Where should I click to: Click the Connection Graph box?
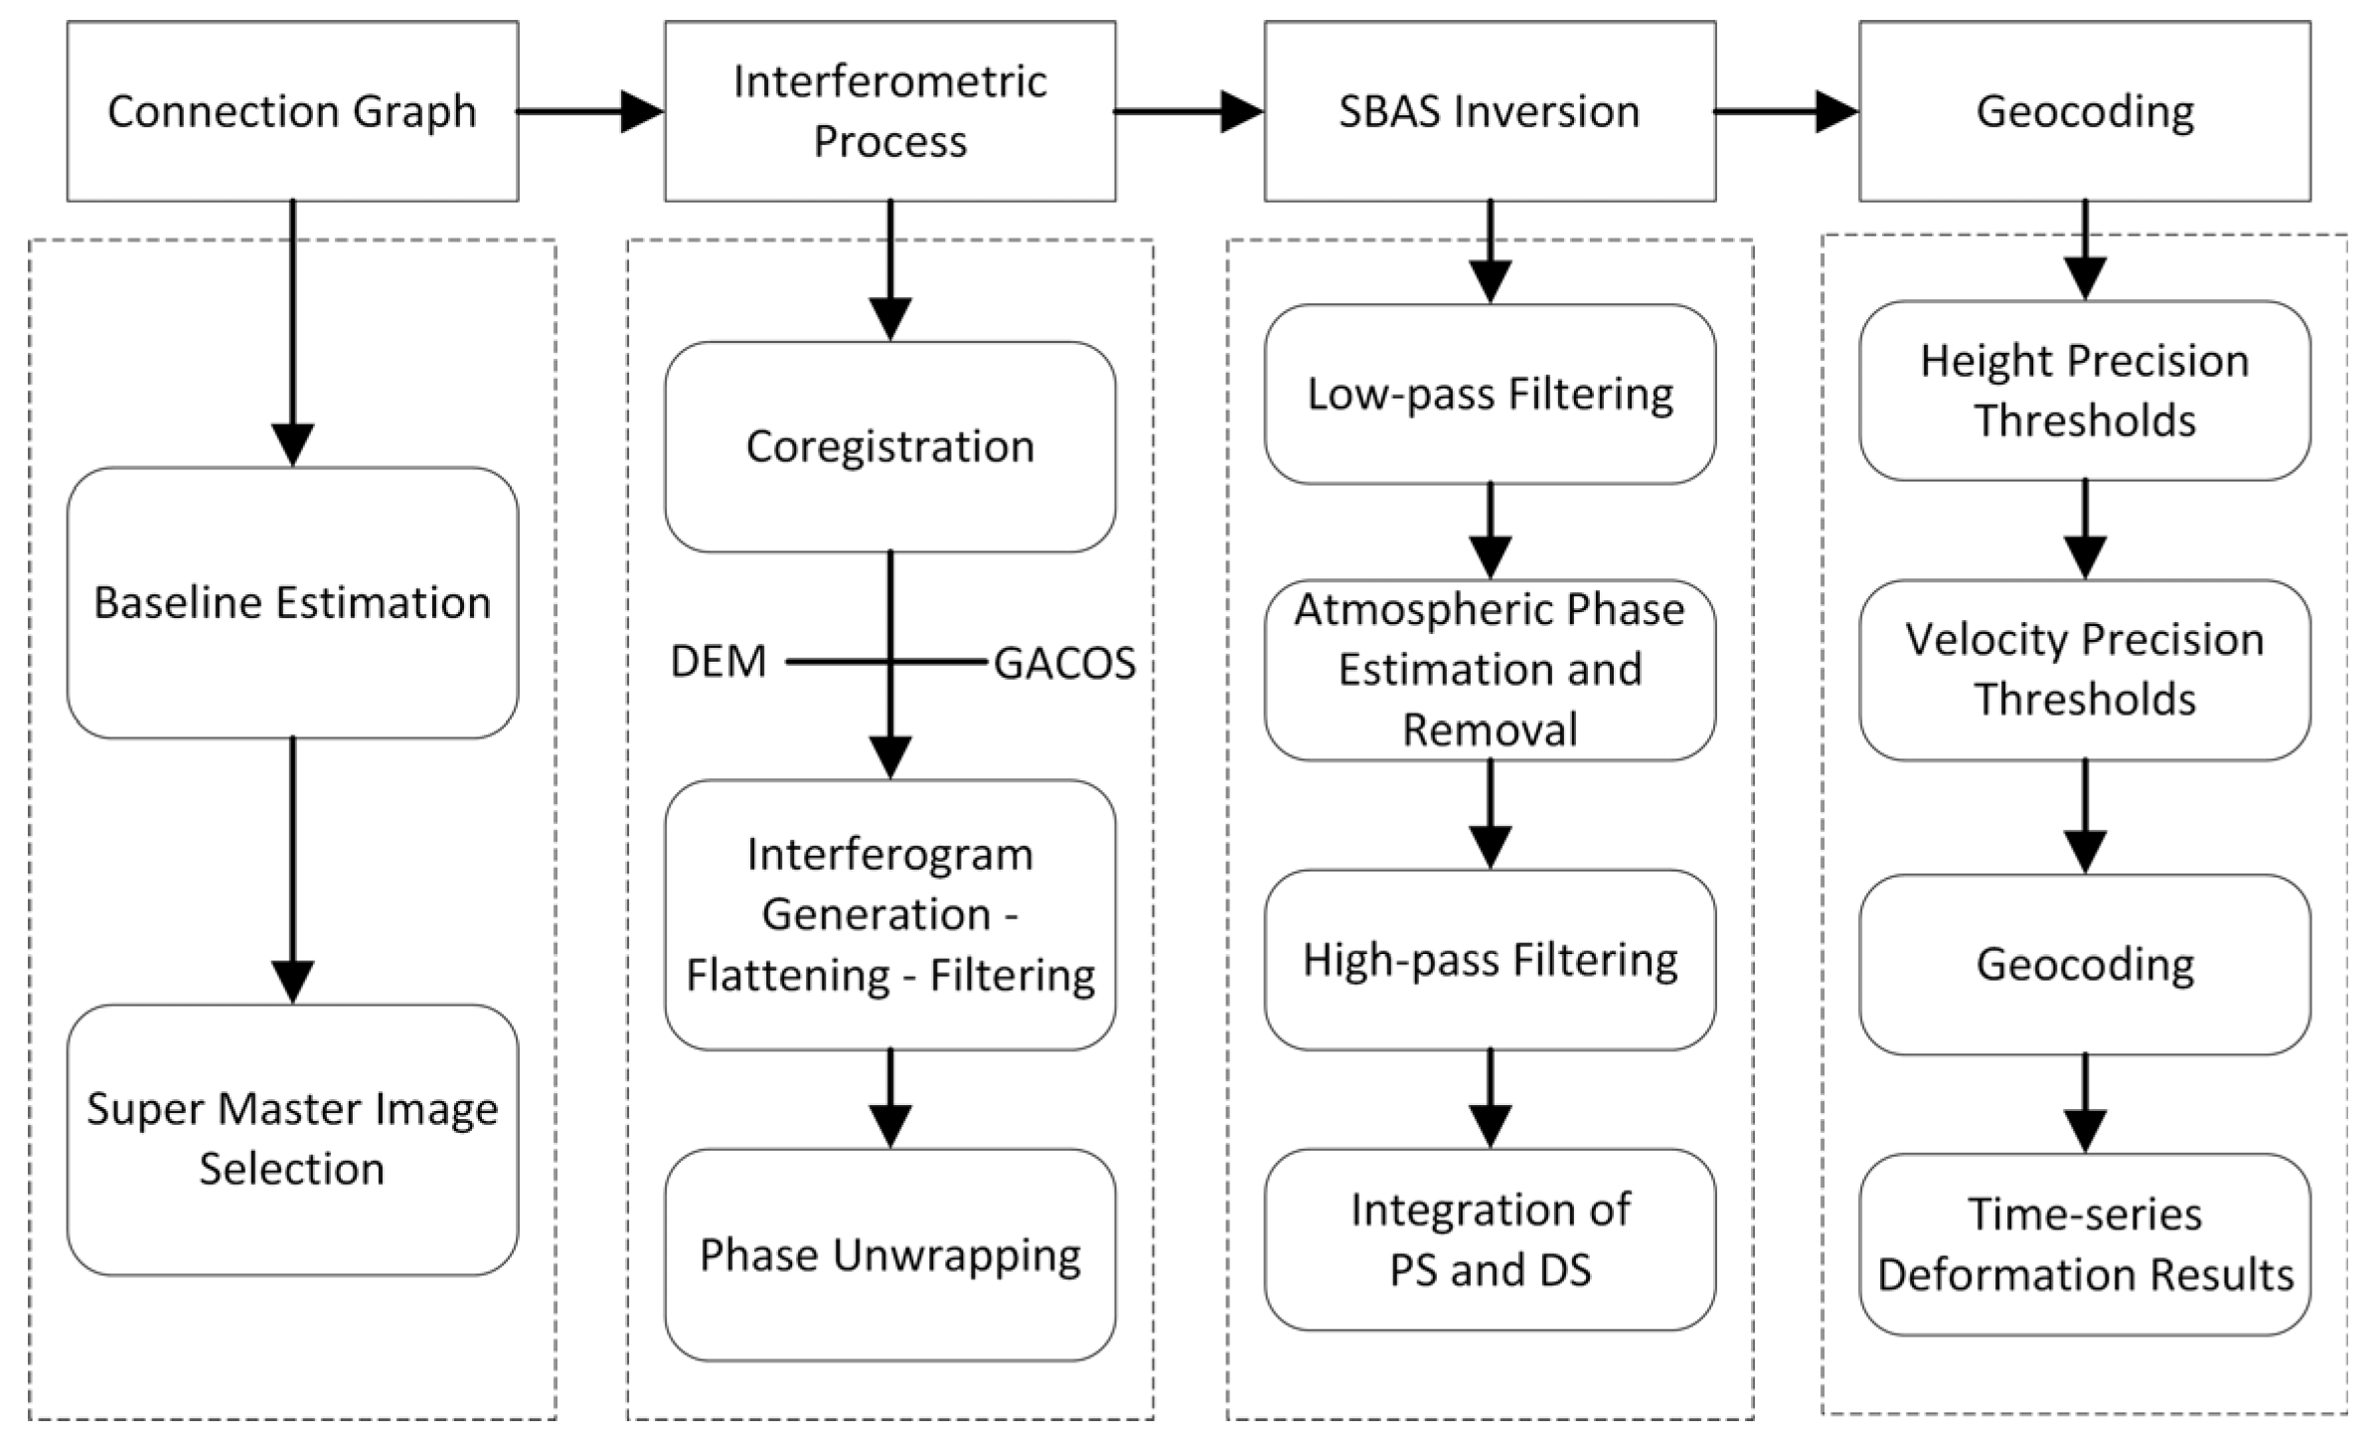[292, 111]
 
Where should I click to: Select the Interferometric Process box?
[889, 111]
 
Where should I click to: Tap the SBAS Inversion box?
[1489, 111]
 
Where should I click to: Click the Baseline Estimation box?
[292, 602]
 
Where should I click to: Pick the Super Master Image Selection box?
[292, 1139]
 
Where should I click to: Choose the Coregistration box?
[889, 446]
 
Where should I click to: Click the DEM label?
[718, 662]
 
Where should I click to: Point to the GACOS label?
[1064, 664]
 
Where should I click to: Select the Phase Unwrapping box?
[889, 1254]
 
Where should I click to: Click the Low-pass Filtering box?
[1489, 394]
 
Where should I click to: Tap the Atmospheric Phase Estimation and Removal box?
[1489, 670]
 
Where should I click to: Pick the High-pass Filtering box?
[1489, 960]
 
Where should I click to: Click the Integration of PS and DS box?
[1489, 1239]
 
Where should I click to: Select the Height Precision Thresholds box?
[2084, 391]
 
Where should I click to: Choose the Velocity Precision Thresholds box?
[2084, 670]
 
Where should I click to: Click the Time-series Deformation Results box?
[2084, 1244]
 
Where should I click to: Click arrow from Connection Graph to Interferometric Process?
[588, 111]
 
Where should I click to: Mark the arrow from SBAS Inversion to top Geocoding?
[1785, 111]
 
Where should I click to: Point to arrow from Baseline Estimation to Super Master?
[292, 870]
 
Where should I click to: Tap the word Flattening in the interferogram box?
[788, 976]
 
